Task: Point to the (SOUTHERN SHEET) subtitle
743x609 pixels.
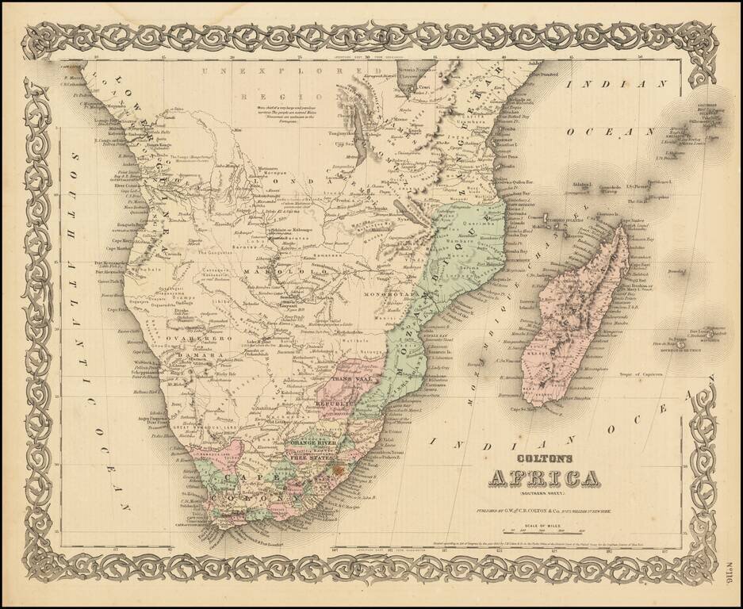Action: pos(539,494)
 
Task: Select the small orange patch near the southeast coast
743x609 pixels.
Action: pos(343,470)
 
